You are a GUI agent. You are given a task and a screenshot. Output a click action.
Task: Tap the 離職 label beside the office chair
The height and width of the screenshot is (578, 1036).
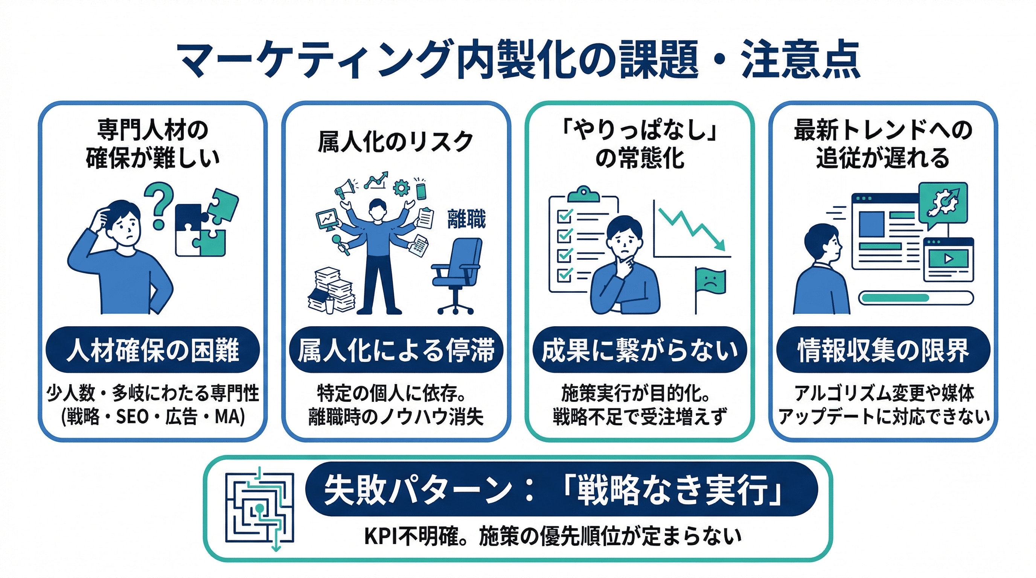[466, 219]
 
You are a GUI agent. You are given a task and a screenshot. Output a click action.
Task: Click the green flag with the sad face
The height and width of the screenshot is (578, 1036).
[711, 281]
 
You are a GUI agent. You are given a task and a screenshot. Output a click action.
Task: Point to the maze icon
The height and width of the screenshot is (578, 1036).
[260, 508]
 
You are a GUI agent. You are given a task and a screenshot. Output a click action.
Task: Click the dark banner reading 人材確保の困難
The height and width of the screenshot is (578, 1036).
[152, 350]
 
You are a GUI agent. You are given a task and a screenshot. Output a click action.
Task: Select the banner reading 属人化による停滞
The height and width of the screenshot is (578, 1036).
[396, 350]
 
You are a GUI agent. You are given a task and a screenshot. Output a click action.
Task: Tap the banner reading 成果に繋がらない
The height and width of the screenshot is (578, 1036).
[640, 350]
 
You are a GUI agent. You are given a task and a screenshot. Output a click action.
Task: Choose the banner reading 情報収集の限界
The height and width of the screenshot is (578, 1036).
[883, 350]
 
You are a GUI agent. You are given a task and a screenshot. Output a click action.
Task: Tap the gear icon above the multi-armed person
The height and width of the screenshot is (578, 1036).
[401, 188]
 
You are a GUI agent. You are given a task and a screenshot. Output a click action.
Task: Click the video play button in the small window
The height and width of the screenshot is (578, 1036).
[948, 259]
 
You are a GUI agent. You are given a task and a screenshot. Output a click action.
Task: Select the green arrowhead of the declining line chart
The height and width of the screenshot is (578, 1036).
[721, 245]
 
